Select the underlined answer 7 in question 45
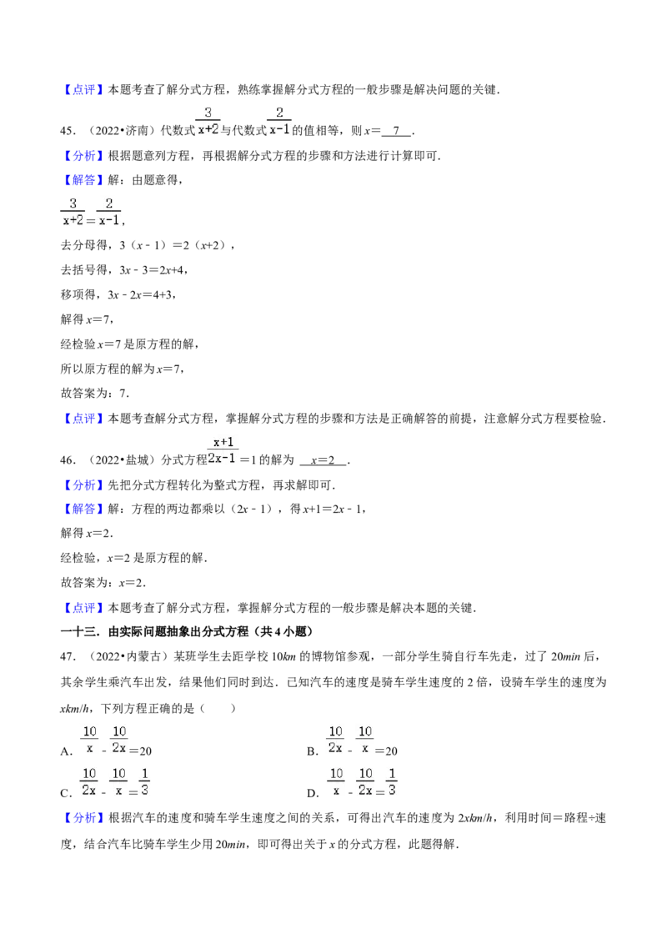396,131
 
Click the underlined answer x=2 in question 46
323,460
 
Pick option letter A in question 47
66,751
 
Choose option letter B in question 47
312,751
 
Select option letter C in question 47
66,793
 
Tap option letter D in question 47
312,793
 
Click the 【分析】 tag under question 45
83,156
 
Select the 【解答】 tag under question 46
83,510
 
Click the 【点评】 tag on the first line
83,90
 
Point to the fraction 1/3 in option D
392,781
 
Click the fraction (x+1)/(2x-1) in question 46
223,450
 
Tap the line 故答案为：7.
95,394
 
